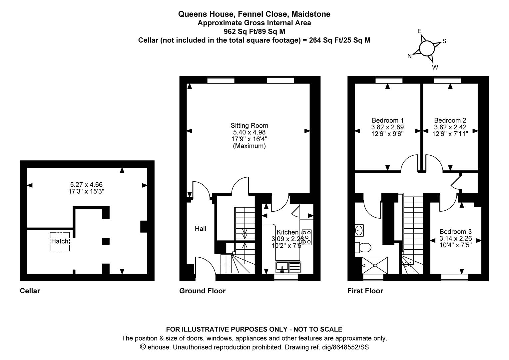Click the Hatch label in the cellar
coord(60,241)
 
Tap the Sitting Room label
coord(249,126)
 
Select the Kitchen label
coord(287,232)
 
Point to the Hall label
coord(201,229)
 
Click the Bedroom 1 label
coord(388,120)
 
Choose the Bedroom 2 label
coord(450,120)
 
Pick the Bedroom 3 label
coord(456,232)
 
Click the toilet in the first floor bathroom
coord(363,247)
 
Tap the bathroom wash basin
coord(359,230)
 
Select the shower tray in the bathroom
coord(375,265)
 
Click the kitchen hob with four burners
coord(306,237)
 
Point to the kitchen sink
coord(288,267)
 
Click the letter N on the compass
coord(409,56)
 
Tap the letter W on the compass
coord(435,67)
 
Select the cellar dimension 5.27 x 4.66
coord(86,184)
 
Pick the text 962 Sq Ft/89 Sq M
coord(254,31)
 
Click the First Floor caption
coord(365,291)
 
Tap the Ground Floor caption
coord(202,291)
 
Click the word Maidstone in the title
coord(311,14)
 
